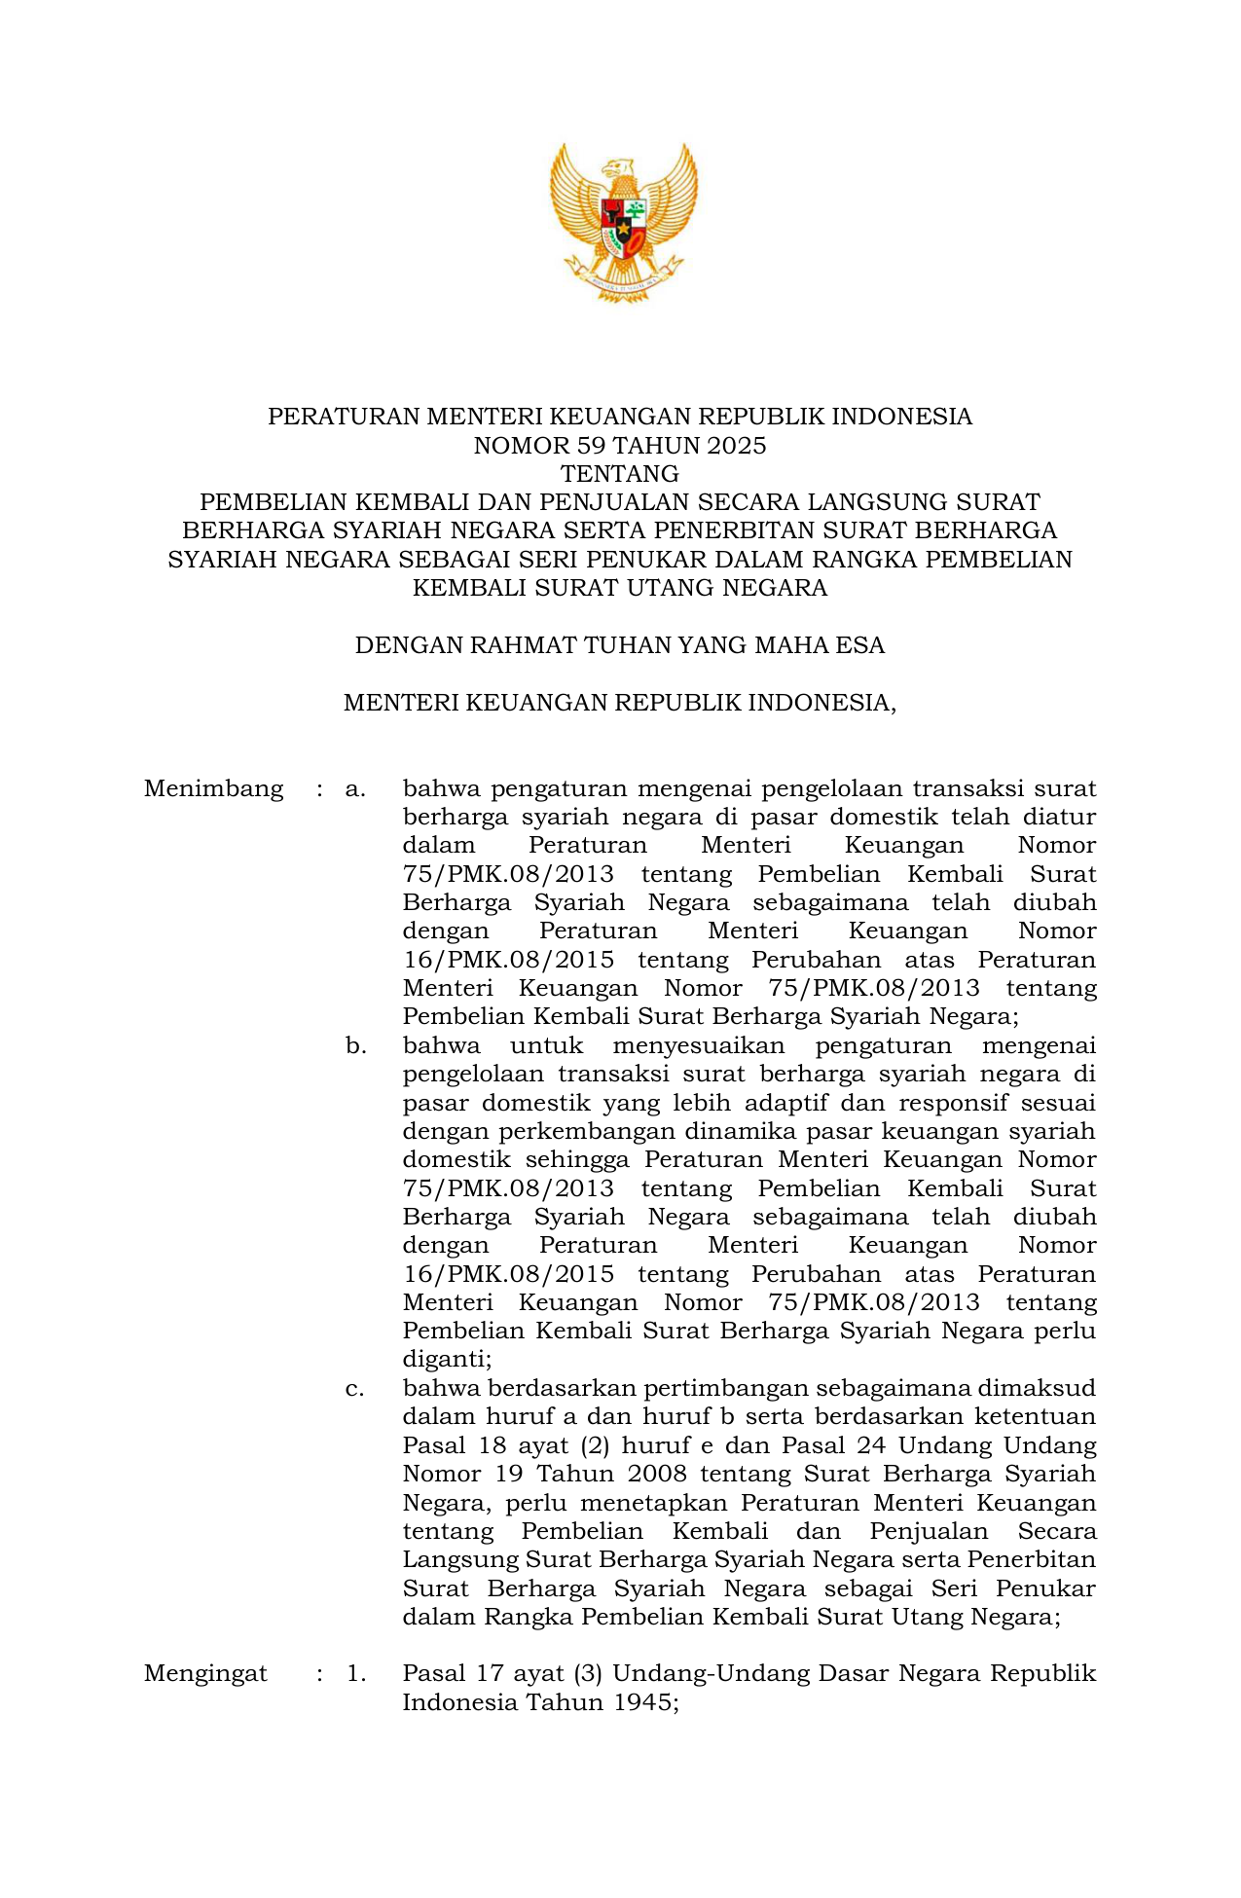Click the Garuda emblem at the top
623,222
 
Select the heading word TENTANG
620,474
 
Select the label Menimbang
213,788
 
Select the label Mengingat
205,1673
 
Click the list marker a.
355,788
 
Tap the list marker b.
355,1046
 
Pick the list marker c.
355,1388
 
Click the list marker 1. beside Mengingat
356,1673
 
